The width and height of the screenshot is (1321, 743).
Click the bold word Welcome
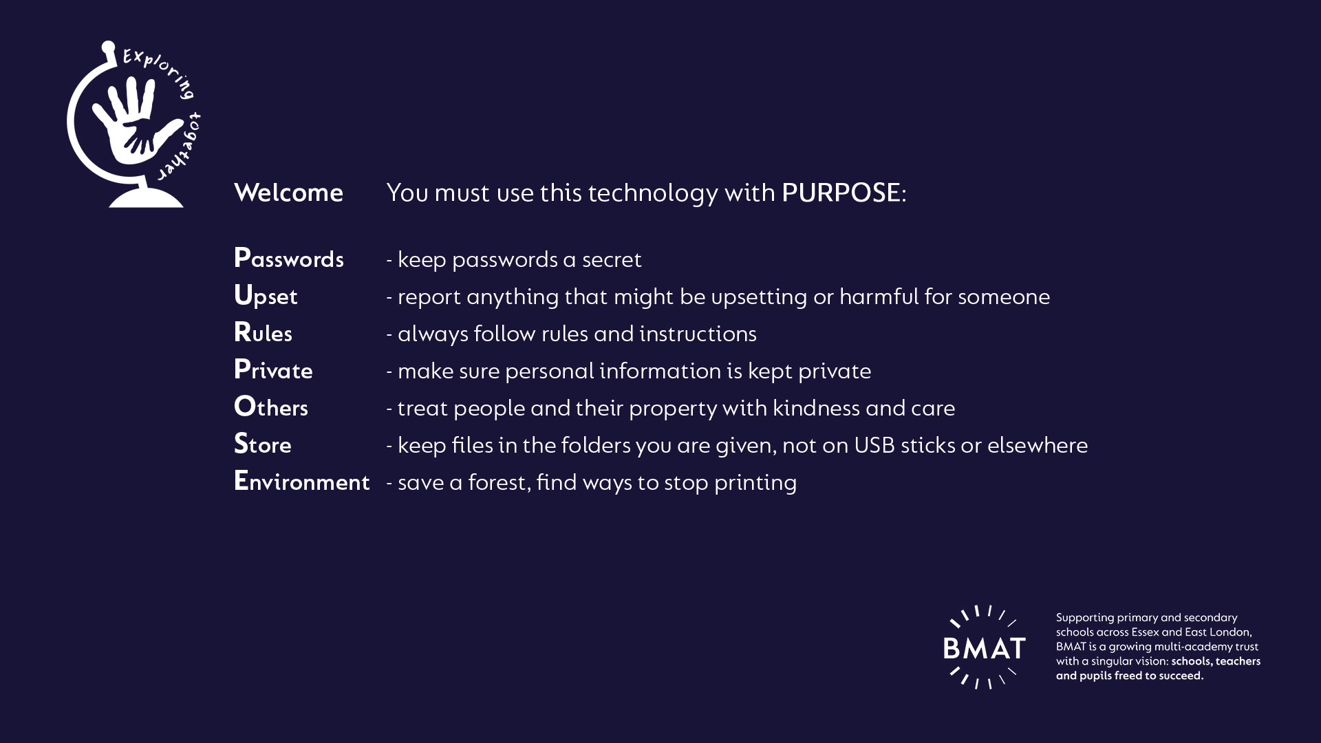click(x=288, y=193)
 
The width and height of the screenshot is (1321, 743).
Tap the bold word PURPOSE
click(x=841, y=193)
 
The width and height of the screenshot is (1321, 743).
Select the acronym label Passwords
click(x=289, y=259)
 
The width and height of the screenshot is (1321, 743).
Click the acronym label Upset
click(x=266, y=297)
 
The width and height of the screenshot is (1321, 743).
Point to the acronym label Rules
click(x=263, y=333)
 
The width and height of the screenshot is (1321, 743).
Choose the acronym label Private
click(x=273, y=370)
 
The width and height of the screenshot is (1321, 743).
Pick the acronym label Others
click(x=271, y=407)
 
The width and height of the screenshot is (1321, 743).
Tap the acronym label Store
click(x=263, y=444)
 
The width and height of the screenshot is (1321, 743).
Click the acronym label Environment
click(x=302, y=482)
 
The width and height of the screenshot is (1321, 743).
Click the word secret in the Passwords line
click(x=612, y=260)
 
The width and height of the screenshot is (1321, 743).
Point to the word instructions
click(x=698, y=334)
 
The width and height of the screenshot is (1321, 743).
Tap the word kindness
click(x=816, y=408)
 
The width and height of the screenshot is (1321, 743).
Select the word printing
click(x=755, y=484)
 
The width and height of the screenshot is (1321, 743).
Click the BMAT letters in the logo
click(x=985, y=648)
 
